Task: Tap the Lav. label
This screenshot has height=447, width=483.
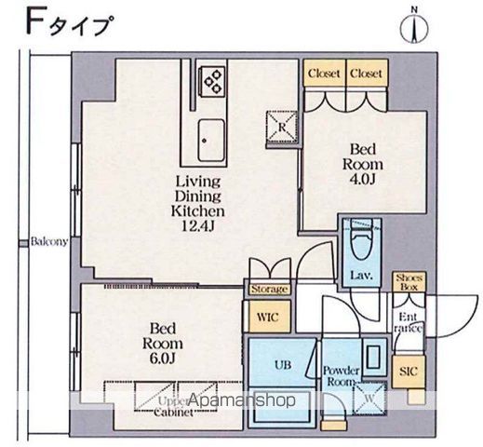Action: click(x=362, y=276)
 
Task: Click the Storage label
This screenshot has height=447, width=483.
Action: click(x=270, y=290)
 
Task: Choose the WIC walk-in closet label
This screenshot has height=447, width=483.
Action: click(x=268, y=317)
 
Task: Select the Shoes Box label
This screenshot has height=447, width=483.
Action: click(x=409, y=282)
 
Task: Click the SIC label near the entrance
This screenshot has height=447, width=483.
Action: click(x=407, y=371)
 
